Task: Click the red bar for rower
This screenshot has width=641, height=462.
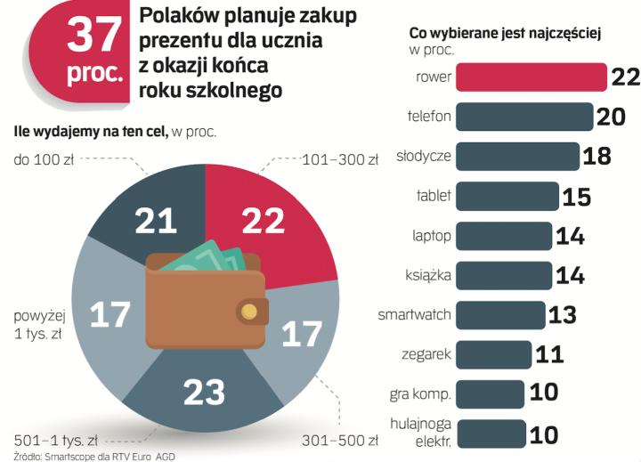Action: pyautogui.click(x=531, y=77)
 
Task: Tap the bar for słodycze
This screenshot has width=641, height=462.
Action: pyautogui.click(x=517, y=157)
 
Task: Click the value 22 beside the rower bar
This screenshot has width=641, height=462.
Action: pyautogui.click(x=625, y=77)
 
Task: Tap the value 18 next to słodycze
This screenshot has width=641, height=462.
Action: pyautogui.click(x=596, y=157)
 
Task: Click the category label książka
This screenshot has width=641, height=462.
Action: pyautogui.click(x=430, y=275)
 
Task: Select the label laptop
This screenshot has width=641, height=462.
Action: pyautogui.click(x=432, y=236)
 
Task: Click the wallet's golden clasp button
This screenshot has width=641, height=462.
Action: pyautogui.click(x=250, y=311)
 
